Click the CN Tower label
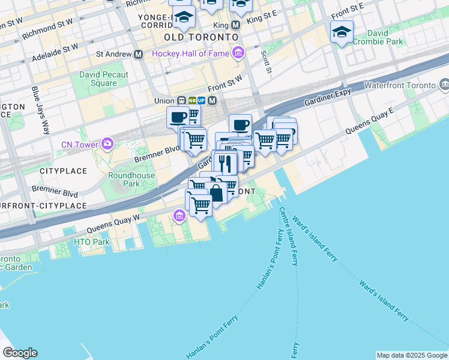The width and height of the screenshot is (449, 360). [80, 144]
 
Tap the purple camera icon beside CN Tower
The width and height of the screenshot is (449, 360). [107, 143]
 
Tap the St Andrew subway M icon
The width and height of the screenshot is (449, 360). [139, 54]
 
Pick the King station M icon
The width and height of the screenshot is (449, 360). [235, 26]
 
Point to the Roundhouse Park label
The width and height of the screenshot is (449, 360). [131, 179]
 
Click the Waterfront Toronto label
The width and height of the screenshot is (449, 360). [399, 86]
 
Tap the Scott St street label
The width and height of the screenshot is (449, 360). [265, 61]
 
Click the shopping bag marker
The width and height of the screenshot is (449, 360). [215, 193]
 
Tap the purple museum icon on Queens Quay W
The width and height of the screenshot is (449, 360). [179, 216]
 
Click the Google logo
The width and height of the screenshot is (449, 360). [20, 353]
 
